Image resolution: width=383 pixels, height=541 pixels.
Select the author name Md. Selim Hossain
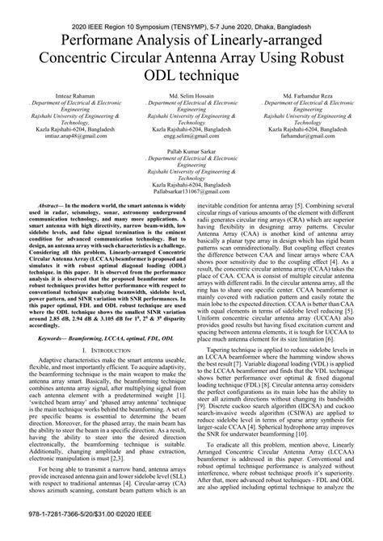pyautogui.click(x=191, y=99)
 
